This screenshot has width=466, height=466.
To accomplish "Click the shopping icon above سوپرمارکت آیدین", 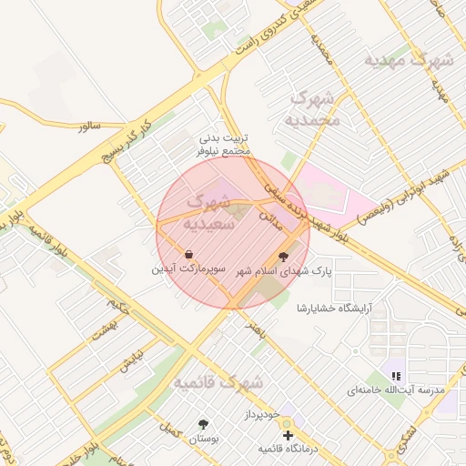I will (188, 254).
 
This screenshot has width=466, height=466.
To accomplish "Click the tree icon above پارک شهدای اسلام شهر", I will (282, 256).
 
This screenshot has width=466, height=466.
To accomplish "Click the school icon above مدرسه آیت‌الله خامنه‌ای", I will (396, 375).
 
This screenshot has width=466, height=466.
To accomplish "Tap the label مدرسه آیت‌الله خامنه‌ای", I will (396, 390).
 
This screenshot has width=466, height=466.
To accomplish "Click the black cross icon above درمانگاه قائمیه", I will (289, 436).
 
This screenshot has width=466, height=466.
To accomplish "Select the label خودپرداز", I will (286, 413).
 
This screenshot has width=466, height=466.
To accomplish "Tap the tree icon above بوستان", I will (202, 424).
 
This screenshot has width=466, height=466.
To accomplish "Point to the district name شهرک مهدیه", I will (409, 60).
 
